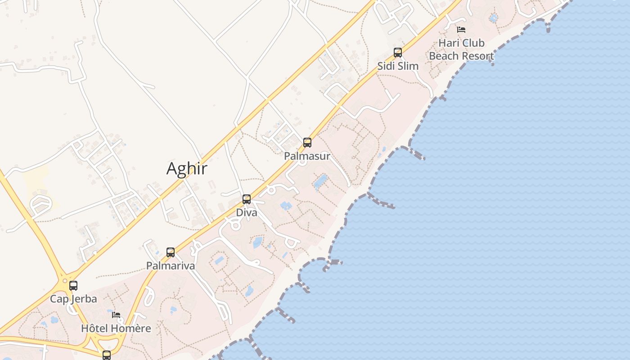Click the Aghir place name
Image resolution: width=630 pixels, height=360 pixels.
click(187, 169)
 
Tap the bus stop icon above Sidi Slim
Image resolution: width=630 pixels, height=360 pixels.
click(398, 53)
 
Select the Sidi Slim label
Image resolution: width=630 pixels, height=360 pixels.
click(398, 66)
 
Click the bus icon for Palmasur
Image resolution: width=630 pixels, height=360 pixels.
click(307, 143)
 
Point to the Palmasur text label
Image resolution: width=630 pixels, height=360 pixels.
click(307, 156)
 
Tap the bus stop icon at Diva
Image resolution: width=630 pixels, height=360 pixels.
click(247, 199)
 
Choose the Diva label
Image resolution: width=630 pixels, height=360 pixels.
click(247, 212)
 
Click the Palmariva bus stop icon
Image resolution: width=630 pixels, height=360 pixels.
click(171, 252)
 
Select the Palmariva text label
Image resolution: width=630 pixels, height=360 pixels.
click(171, 266)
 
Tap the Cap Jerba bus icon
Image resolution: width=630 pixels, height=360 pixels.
click(73, 285)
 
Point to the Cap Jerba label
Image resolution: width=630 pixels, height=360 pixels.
click(73, 299)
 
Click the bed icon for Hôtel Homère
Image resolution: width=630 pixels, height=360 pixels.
click(116, 315)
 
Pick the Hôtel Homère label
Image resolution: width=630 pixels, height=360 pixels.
click(116, 328)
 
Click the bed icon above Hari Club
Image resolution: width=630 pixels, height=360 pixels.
click(461, 30)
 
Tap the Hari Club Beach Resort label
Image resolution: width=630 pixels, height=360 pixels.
click(461, 49)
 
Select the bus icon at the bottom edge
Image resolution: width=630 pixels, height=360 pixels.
click(107, 355)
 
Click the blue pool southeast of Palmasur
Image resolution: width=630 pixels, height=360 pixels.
click(320, 181)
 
